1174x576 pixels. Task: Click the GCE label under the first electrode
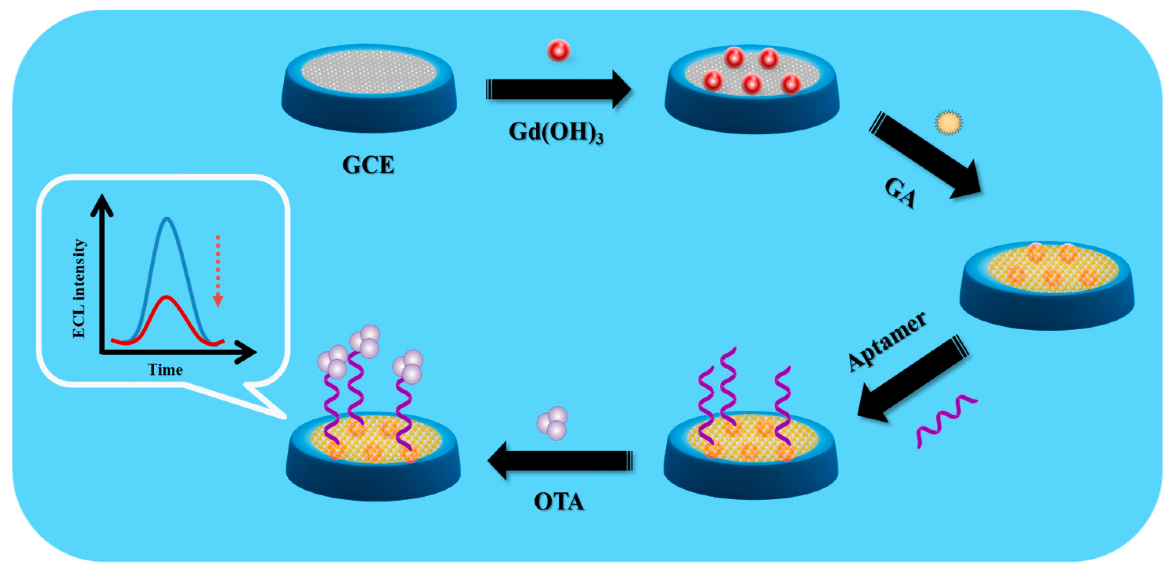368,165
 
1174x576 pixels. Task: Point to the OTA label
559,502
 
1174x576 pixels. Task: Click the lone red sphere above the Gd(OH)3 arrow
558,50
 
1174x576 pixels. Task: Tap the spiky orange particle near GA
949,123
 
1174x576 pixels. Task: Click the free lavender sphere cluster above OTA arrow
552,423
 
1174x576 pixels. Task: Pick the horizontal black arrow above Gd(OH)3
558,89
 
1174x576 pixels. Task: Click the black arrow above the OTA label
561,460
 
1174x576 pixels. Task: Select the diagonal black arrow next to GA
925,155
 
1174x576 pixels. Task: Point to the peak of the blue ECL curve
167,219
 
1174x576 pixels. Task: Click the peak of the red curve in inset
167,298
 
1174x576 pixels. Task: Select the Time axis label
165,370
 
